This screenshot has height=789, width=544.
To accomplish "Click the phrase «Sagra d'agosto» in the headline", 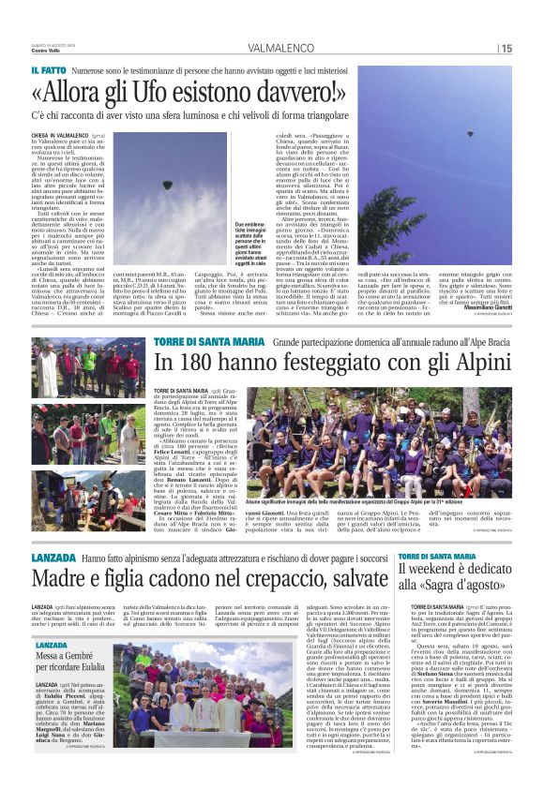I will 454,562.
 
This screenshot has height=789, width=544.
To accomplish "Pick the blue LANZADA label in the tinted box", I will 52,619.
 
